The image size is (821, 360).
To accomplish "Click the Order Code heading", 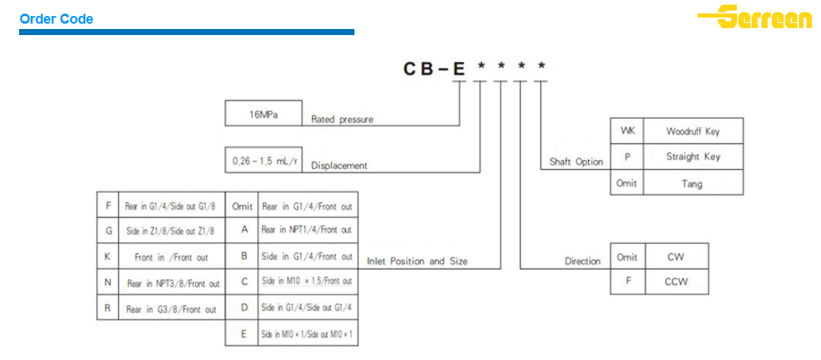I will tap(56, 19).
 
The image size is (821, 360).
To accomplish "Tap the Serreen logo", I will tap(755, 17).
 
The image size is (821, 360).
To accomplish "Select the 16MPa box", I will tap(264, 114).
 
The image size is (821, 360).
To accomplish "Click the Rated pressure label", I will tap(342, 120).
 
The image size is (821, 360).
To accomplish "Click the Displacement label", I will tap(339, 166).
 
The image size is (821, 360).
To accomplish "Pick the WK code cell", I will tap(627, 131).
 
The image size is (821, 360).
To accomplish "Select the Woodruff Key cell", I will tap(692, 131).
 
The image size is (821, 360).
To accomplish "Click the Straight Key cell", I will tap(692, 156).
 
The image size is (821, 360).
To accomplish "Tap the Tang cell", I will tap(692, 183).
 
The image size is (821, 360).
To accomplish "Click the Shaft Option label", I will tap(576, 162).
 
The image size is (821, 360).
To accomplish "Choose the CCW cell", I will tap(675, 281).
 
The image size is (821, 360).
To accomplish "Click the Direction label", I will tap(582, 261).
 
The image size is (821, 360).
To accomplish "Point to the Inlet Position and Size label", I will tap(417, 261).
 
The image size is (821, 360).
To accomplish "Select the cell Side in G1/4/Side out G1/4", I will tap(307, 307).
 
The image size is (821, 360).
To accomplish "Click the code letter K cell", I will tap(107, 257).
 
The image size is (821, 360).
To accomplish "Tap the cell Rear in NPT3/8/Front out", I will tap(172, 283).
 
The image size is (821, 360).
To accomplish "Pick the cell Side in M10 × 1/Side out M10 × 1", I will tap(307, 334).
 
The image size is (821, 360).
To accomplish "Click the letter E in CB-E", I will tap(459, 69).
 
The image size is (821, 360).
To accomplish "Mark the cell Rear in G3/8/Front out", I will tap(172, 309).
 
